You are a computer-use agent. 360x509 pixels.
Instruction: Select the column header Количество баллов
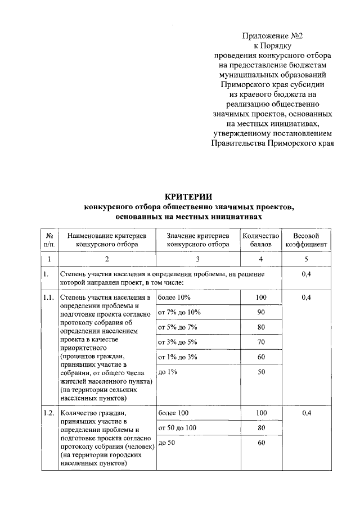pos(260,240)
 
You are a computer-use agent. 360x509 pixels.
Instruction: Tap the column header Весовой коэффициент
pos(306,240)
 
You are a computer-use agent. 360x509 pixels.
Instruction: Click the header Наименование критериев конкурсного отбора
pos(106,240)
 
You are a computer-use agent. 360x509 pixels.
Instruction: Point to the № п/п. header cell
pos(49,240)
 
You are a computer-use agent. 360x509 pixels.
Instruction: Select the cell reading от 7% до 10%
pos(179,312)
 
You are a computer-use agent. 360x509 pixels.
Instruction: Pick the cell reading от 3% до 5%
pos(178,341)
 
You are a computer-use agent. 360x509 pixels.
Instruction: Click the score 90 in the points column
pos(260,312)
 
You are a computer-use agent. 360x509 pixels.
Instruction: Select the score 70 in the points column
pos(260,341)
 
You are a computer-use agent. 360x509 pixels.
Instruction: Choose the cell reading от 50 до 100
pos(177,428)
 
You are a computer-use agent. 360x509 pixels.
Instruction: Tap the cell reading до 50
pos(168,443)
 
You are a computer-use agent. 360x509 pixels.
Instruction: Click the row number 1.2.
pos(48,413)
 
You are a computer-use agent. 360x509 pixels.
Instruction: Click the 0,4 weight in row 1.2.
pos(307,413)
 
